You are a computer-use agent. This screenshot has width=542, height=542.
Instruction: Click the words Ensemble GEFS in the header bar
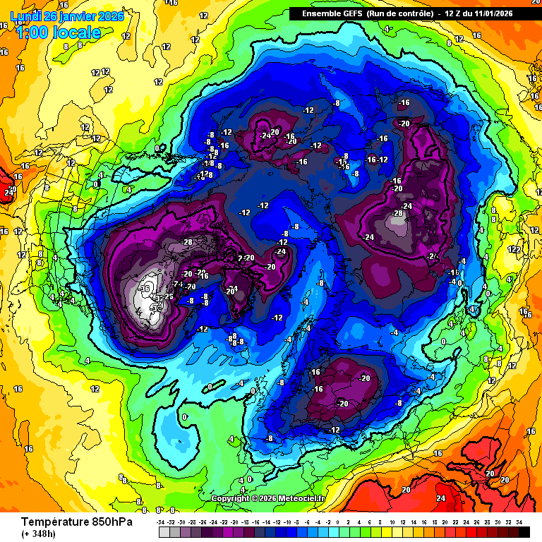coord(332,13)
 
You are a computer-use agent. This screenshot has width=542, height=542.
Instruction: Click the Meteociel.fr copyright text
coord(268,498)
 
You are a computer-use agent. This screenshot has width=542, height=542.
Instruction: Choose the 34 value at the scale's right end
coord(519,522)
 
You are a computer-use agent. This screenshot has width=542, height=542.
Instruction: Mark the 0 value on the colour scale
coord(338,522)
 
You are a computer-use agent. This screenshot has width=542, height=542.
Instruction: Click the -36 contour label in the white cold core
coord(146,288)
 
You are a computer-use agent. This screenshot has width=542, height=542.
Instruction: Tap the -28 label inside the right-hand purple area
coord(397,213)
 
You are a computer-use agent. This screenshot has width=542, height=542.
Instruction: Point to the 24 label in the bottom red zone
coord(440,498)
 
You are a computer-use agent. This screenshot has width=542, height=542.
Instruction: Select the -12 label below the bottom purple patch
coord(334,430)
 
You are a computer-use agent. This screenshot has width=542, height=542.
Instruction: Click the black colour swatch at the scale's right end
coord(523,531)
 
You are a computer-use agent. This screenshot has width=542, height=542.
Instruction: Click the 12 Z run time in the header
coord(454,13)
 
